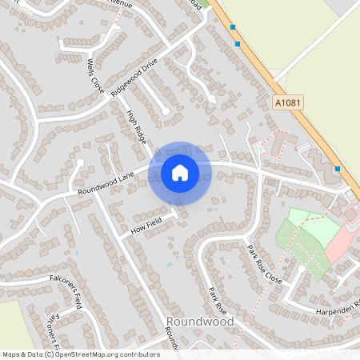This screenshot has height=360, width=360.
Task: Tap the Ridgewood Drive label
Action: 136,77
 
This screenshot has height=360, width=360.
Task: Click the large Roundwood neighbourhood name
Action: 200,322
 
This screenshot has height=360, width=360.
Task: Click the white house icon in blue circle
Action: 180,173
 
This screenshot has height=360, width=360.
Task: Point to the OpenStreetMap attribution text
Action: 81,354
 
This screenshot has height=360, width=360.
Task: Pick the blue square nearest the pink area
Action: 338,168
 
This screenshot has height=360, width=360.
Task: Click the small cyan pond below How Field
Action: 169,264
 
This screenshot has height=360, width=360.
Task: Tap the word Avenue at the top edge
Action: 116,4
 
